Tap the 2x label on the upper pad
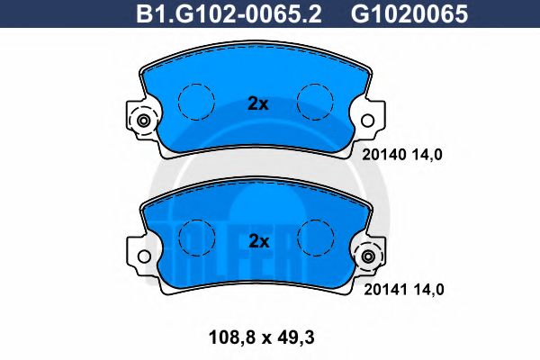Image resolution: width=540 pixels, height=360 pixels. (x=258, y=103)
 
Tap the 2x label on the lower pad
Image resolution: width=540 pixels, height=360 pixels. (x=258, y=240)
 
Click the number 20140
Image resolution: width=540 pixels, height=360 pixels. (x=382, y=153)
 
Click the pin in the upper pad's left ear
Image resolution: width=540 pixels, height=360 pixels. (x=142, y=120)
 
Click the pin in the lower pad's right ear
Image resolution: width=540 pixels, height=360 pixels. (x=367, y=257)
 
